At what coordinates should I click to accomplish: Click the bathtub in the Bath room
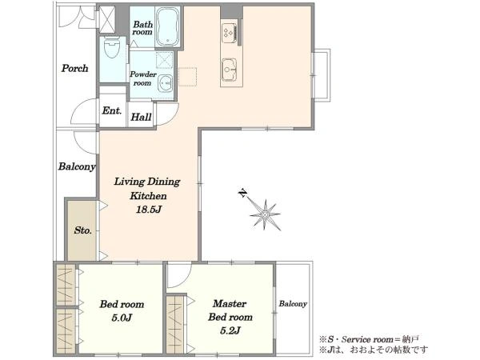(x=167, y=26)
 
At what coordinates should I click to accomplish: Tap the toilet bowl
(x=111, y=48)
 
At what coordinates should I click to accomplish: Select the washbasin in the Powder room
(x=166, y=82)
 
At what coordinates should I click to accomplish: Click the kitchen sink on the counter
(x=229, y=70)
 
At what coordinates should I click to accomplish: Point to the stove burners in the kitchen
(x=229, y=33)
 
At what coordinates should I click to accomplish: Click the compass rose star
(x=265, y=214)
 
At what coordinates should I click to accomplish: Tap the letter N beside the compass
(x=242, y=193)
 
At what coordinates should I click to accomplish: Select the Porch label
(x=74, y=68)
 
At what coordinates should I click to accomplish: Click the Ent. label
(x=112, y=110)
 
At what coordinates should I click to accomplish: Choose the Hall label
(x=141, y=117)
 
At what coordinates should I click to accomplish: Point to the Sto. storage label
(x=82, y=230)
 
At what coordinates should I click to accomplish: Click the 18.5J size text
(x=149, y=210)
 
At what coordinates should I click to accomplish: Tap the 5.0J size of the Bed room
(x=122, y=318)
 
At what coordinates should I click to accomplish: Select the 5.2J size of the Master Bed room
(x=230, y=330)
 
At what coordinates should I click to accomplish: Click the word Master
(x=230, y=303)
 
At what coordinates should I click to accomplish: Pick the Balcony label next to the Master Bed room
(x=293, y=304)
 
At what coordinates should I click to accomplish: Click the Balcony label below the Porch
(x=77, y=166)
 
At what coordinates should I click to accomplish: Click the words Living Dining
(x=147, y=182)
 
